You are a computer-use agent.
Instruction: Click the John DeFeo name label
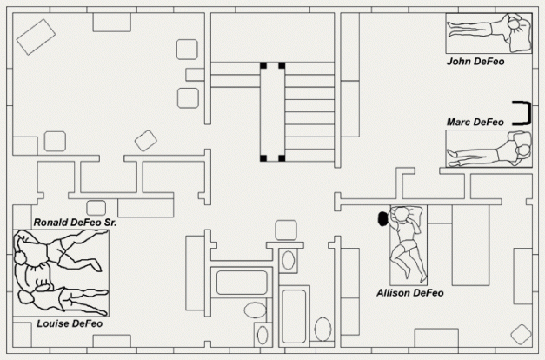(475, 62)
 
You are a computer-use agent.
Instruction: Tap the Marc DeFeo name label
(475, 122)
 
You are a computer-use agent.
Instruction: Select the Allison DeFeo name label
(410, 293)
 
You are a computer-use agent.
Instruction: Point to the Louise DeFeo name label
(70, 323)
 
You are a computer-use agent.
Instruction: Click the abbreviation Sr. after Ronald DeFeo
(110, 223)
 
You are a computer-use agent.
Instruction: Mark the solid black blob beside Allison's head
(383, 218)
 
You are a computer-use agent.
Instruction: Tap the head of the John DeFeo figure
(515, 24)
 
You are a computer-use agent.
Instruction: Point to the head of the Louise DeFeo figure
(24, 297)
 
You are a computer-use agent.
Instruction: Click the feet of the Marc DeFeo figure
(452, 158)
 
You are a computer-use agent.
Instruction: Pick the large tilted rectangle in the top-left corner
(36, 37)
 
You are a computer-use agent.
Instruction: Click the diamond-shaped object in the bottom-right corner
(521, 335)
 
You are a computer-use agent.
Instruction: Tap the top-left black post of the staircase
(263, 65)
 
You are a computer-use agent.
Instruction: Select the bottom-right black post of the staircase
(282, 158)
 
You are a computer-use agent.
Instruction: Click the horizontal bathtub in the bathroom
(242, 283)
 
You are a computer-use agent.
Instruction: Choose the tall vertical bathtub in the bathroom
(294, 317)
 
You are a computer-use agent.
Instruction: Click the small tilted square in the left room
(146, 141)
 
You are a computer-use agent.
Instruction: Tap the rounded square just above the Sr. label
(96, 208)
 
